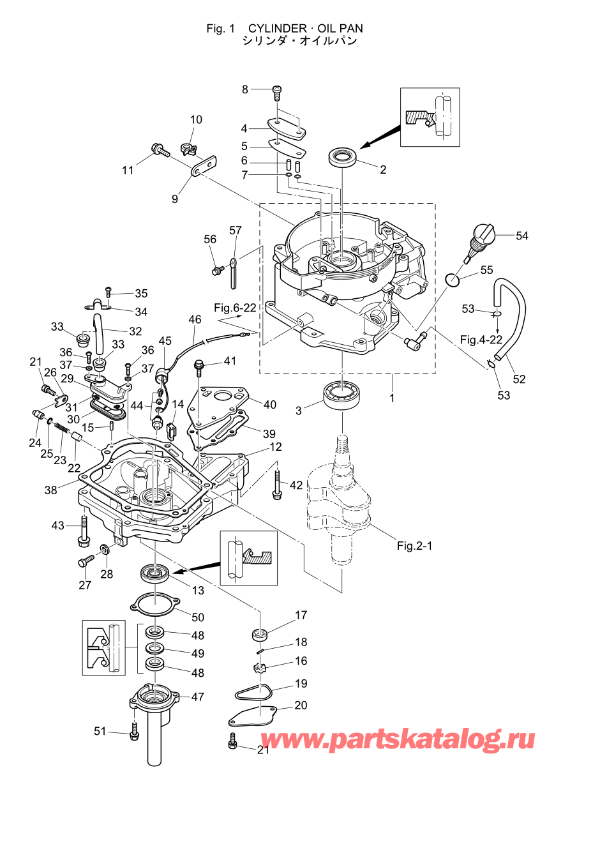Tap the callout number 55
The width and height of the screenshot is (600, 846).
(486, 270)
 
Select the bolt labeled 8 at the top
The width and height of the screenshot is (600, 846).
(277, 93)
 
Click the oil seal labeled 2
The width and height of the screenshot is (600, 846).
(343, 157)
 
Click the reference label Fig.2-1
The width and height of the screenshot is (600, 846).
(414, 545)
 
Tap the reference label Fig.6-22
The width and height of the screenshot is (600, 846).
(235, 308)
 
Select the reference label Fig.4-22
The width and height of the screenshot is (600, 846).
(481, 340)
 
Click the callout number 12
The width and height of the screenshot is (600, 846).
(276, 447)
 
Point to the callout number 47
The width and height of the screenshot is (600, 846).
(198, 697)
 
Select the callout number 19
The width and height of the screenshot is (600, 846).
(301, 683)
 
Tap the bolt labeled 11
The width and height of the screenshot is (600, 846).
(160, 151)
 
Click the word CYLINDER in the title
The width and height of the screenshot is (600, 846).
(277, 29)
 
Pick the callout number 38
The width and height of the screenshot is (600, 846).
(51, 490)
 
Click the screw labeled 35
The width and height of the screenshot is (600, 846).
(109, 294)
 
